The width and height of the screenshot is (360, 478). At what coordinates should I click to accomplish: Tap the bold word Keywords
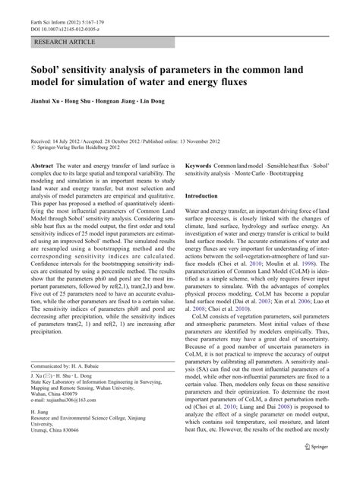[x=200, y=166]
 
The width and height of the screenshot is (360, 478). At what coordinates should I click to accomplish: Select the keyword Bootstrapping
[x=310, y=174]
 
